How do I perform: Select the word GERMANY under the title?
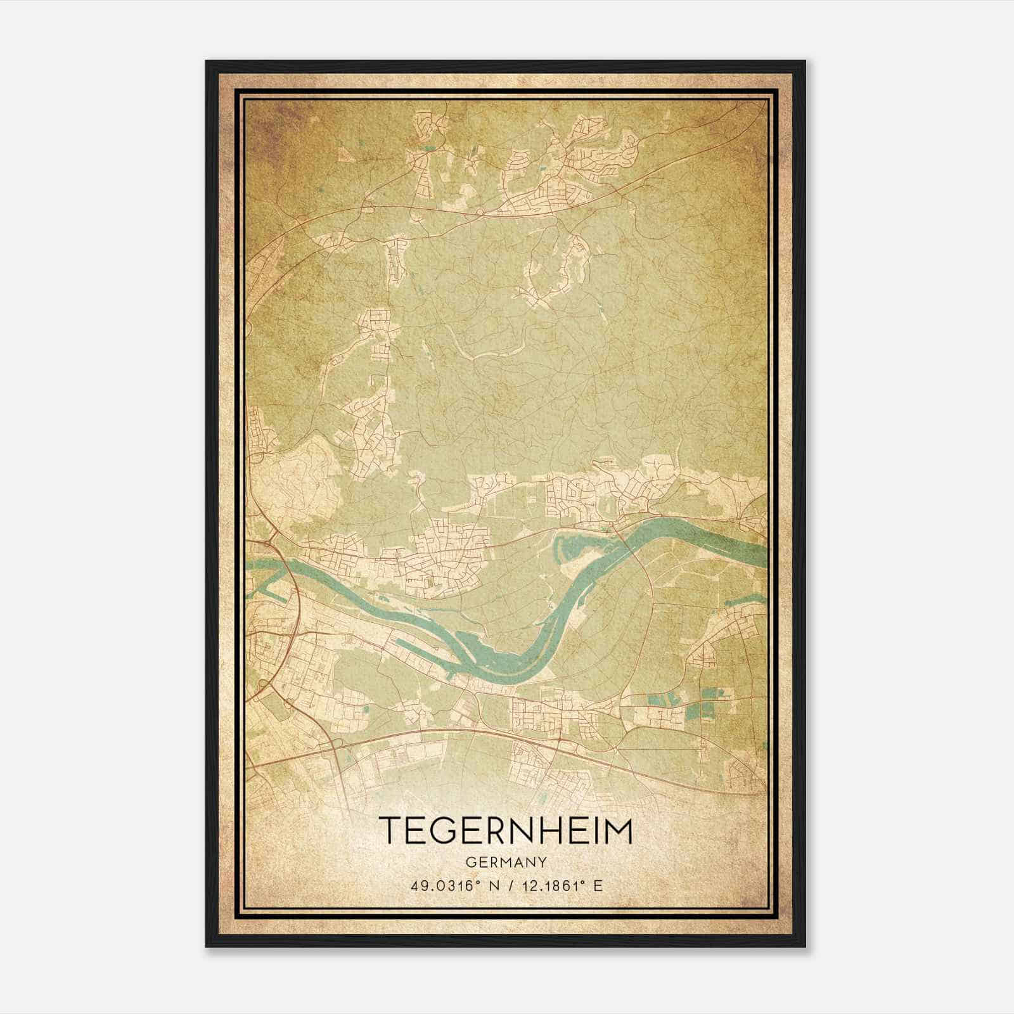tap(506, 862)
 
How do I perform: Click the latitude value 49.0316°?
tap(442, 885)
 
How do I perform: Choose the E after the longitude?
tap(598, 885)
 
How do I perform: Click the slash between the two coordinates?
tap(506, 885)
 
